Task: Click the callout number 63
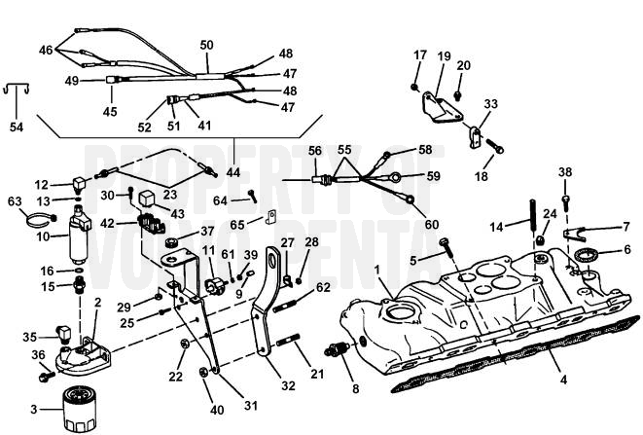[14, 201]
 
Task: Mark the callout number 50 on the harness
[206, 45]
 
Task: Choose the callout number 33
[489, 104]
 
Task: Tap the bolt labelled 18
[495, 149]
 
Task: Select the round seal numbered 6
[587, 257]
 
